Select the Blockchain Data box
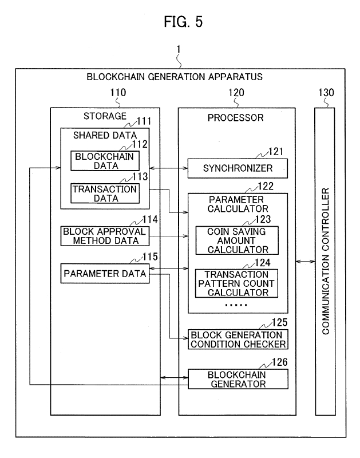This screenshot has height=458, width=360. pos(105,161)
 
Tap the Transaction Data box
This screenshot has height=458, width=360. pos(104,194)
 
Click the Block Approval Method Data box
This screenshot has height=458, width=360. pos(104,235)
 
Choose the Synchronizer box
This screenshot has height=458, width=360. pos(237,169)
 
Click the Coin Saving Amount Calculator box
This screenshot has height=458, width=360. pos(237,240)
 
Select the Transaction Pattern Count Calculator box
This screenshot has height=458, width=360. pos(237,283)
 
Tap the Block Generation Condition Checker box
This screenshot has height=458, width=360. pos(237,339)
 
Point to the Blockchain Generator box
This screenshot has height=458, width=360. pos(237,379)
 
